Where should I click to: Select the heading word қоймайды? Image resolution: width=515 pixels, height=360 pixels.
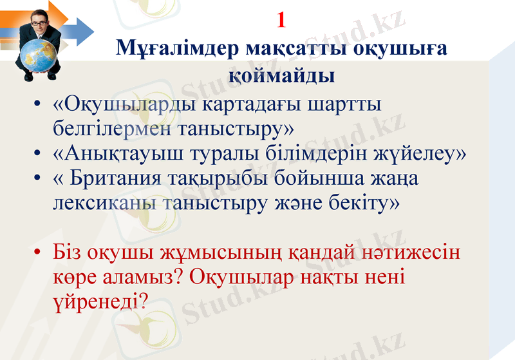(x=281, y=76)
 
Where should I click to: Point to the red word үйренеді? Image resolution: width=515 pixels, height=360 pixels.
(x=100, y=301)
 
